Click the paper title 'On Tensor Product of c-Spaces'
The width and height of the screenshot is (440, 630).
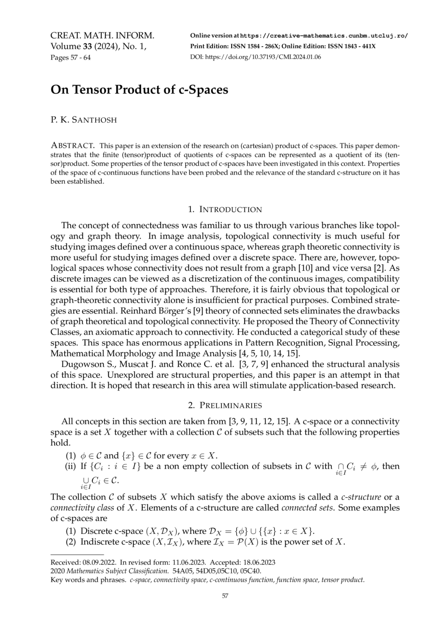pos(139,89)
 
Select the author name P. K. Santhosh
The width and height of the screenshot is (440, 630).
pos(84,120)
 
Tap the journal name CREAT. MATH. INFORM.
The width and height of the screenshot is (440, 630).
pos(102,35)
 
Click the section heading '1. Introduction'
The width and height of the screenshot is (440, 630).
pos(224,209)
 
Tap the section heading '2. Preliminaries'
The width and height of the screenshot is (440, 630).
pos(224,405)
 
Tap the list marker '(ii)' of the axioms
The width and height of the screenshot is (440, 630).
pos(71,466)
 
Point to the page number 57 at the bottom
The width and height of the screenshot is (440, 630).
pos(225,596)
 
